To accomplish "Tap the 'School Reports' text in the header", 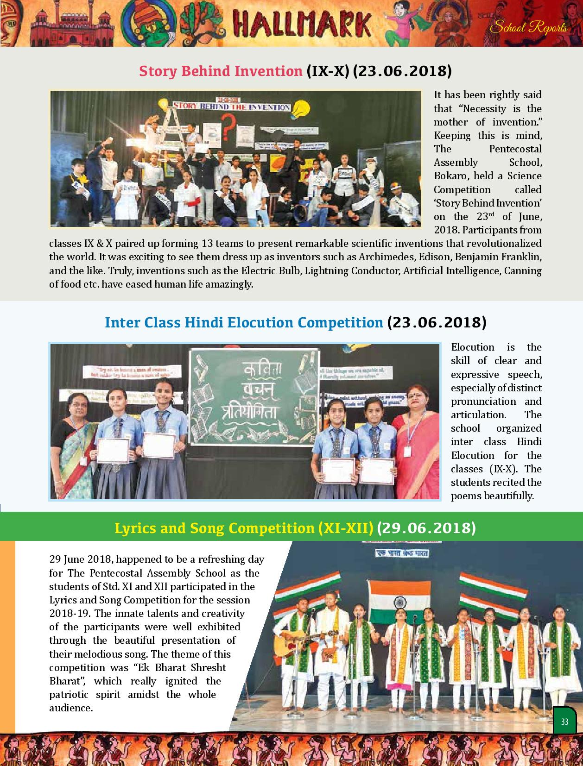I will [528, 28].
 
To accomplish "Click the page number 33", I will [564, 722].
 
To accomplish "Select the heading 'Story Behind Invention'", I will [221, 71].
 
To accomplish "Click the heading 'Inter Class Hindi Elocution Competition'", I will [244, 322].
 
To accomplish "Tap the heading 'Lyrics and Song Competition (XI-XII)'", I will [244, 528].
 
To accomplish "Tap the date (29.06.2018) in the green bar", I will [426, 528].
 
